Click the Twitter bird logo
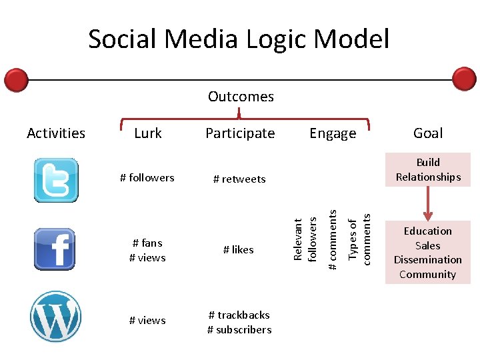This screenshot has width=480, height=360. coord(56,180)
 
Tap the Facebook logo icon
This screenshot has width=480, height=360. coord(55,249)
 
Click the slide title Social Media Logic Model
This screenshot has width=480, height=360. coord(239,39)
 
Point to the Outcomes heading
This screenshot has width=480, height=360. coord(241,97)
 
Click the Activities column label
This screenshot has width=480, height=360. coord(56,133)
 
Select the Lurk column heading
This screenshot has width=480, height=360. coord(147,133)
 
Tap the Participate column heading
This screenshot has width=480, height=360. coord(240,133)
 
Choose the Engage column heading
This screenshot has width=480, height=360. coord(333,134)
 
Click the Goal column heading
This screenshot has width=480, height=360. coord(428,133)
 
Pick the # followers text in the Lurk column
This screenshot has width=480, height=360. coord(147,177)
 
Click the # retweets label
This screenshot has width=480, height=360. coord(239,179)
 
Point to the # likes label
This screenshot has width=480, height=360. coord(239,249)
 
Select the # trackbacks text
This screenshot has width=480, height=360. coord(239,315)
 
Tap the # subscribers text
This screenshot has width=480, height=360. coord(239,329)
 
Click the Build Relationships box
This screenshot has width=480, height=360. coord(428,170)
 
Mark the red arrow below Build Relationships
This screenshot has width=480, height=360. coord(428,203)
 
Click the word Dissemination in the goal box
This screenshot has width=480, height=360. coord(428,260)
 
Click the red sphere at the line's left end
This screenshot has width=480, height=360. coord(16,80)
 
